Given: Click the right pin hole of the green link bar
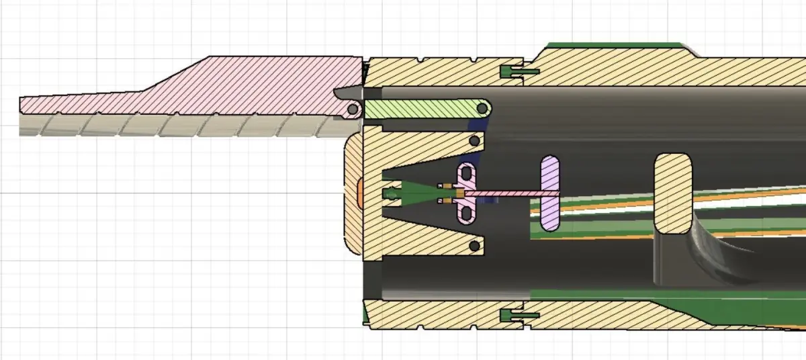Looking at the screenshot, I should click(x=483, y=107).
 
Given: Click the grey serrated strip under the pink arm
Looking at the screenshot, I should click(x=168, y=126).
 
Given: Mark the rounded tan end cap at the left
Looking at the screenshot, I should click(x=353, y=195).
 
